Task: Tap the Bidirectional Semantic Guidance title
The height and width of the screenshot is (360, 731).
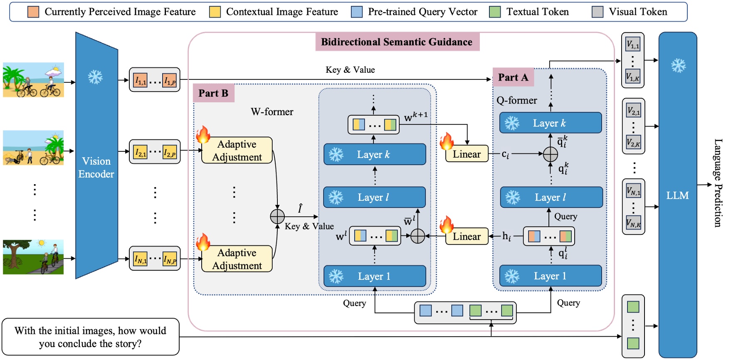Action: [x=397, y=42]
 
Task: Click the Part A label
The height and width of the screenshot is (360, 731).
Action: [x=513, y=77]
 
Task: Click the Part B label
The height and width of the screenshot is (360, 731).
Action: [x=213, y=93]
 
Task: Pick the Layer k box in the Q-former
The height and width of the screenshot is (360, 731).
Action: [x=550, y=123]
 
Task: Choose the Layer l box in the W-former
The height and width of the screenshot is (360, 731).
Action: [x=374, y=197]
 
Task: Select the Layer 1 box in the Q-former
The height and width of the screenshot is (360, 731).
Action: [x=550, y=276]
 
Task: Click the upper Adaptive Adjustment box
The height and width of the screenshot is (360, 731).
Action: [x=237, y=150]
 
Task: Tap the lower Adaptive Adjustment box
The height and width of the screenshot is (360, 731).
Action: [x=237, y=259]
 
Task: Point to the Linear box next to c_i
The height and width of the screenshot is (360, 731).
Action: [x=467, y=154]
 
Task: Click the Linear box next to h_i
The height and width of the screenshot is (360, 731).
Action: [x=467, y=237]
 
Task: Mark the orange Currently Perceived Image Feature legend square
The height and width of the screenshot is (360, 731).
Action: [x=33, y=12]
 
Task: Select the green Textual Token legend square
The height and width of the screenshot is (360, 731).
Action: [x=495, y=12]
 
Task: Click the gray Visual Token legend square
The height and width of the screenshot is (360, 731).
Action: [x=598, y=12]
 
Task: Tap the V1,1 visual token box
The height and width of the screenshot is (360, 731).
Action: [x=633, y=44]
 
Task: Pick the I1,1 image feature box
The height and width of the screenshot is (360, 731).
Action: [x=141, y=80]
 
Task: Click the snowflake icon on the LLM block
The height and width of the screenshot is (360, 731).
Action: [x=678, y=65]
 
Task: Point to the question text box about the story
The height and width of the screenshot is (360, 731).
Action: [x=90, y=337]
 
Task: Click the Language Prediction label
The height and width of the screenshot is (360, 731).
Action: [x=718, y=183]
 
